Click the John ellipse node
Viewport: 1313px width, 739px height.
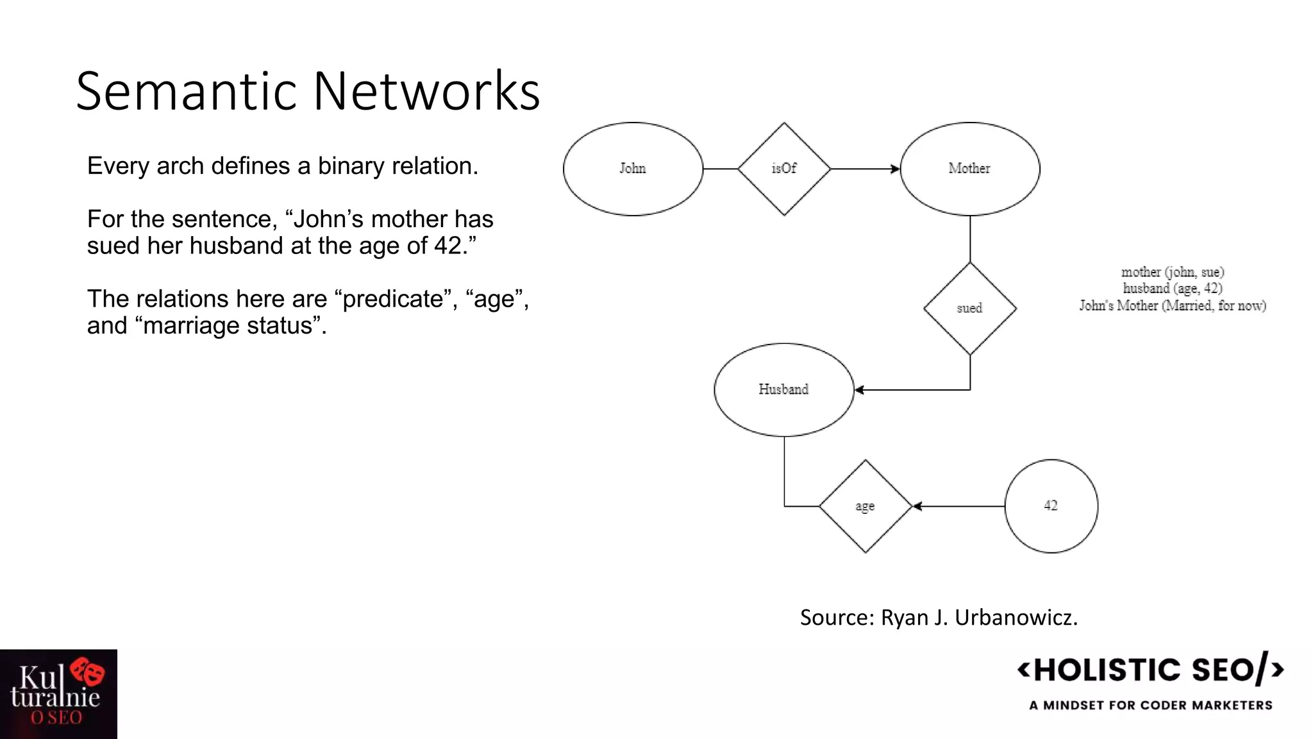tap(633, 169)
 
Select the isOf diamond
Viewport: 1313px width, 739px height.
tap(784, 169)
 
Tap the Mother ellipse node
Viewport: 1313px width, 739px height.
tap(969, 169)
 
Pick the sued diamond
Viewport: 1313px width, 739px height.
tap(969, 309)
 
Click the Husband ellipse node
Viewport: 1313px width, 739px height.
tap(783, 389)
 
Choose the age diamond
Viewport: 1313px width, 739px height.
tap(865, 506)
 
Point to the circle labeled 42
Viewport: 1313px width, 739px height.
tap(1051, 506)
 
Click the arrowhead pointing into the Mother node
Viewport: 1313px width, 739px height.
tap(896, 169)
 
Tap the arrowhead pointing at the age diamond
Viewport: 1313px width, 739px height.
tap(917, 506)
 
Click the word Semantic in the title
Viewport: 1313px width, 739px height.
tap(187, 91)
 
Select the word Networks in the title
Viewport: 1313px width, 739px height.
tap(426, 91)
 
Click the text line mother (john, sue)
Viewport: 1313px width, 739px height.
tap(1173, 272)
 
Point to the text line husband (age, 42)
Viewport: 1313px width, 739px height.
tap(1173, 289)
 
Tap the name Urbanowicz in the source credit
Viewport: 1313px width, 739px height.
tap(1016, 617)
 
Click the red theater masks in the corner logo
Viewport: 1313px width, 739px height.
tap(88, 672)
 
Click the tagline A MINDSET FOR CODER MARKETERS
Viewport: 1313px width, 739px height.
tap(1151, 705)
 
